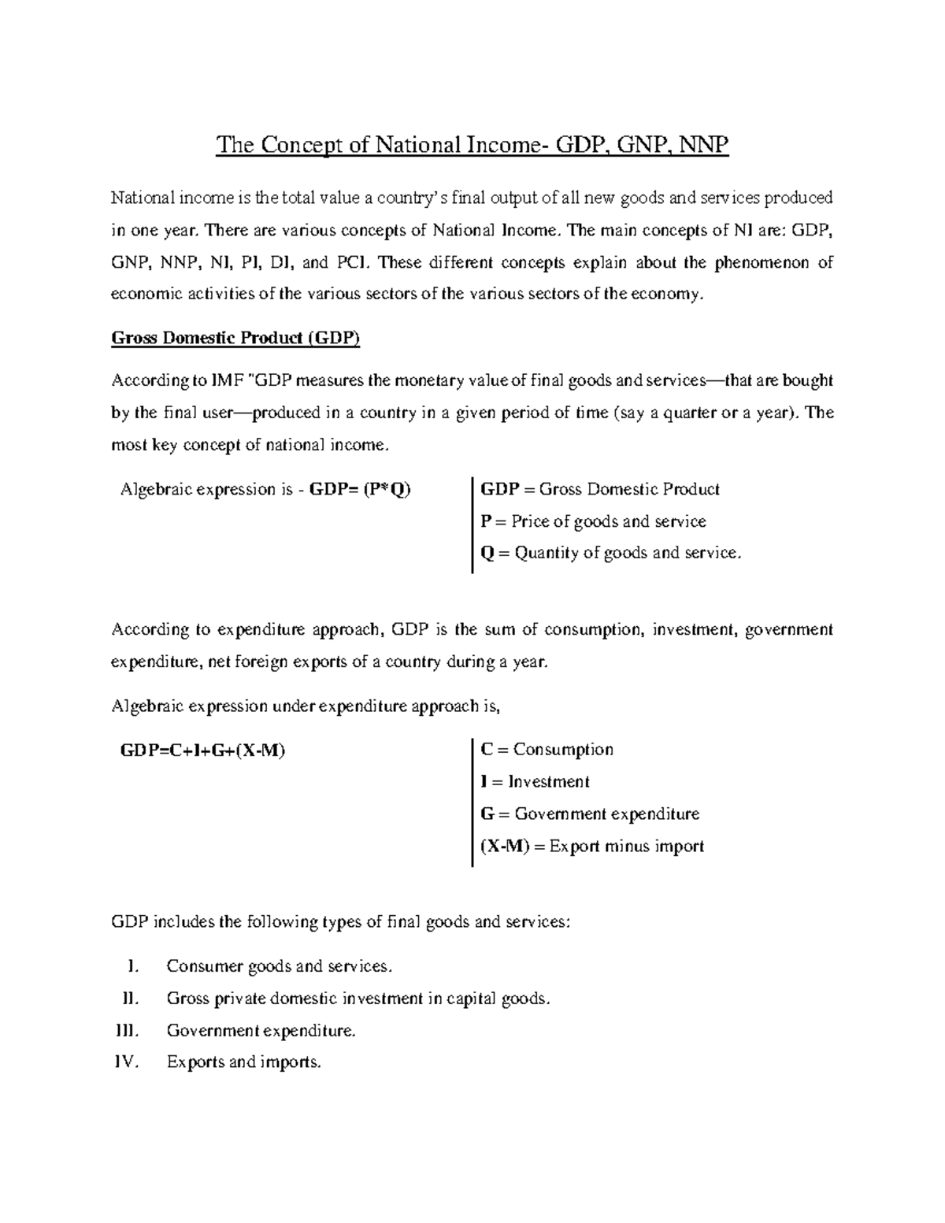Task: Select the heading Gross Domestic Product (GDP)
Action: pos(235,338)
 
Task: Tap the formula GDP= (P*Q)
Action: pos(360,489)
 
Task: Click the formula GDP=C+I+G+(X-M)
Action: pos(202,750)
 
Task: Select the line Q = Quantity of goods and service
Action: pos(610,553)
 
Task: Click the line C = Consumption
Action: pos(547,750)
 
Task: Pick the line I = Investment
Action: pos(535,782)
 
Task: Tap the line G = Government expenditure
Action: pos(590,813)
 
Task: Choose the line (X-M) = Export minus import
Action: pos(592,847)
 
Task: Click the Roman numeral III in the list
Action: pos(126,1030)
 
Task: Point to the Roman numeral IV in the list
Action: pos(126,1062)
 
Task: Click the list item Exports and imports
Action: pos(244,1062)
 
